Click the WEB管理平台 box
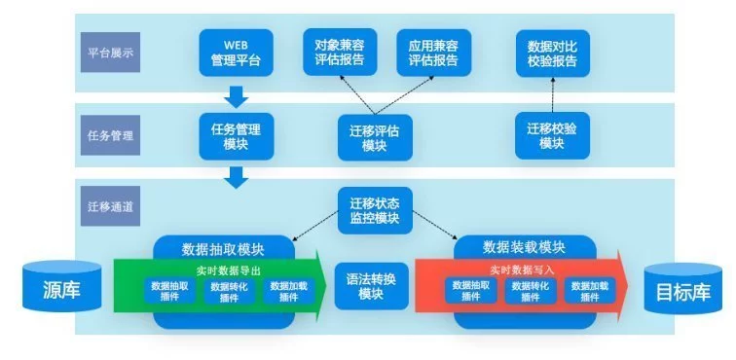click(x=236, y=53)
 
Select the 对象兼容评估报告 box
click(x=340, y=53)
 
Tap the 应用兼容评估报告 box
click(x=433, y=53)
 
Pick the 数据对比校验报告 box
click(x=552, y=53)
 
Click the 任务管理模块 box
click(x=236, y=136)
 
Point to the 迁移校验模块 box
click(x=552, y=136)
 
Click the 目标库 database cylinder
click(x=681, y=289)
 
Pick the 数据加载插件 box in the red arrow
click(x=589, y=291)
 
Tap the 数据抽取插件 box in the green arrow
click(x=169, y=291)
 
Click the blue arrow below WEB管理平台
click(x=237, y=96)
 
